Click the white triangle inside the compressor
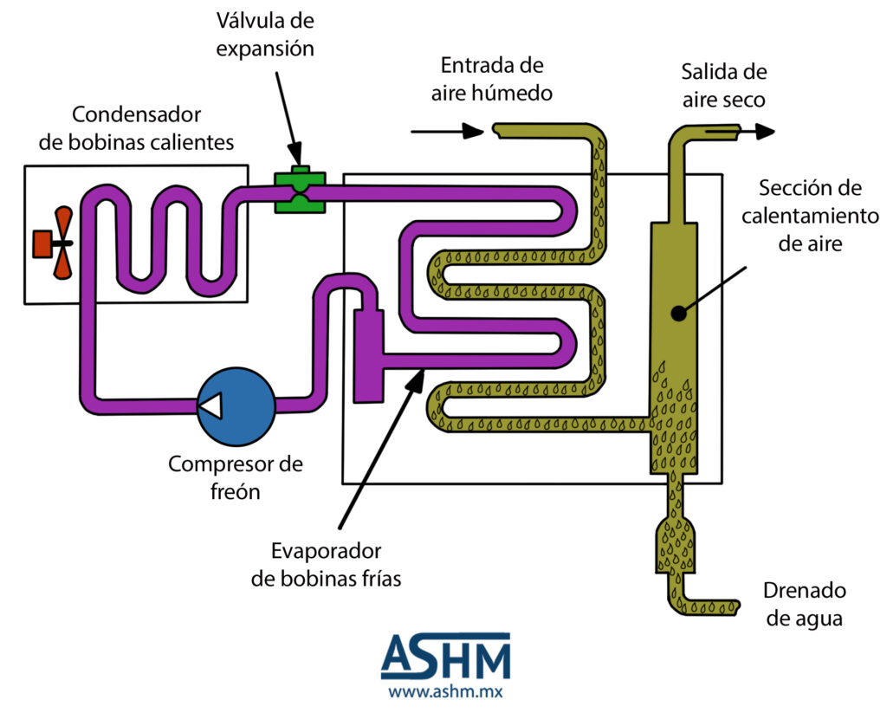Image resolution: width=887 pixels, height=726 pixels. (x=210, y=404)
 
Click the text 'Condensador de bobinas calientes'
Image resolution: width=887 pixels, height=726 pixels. (x=137, y=128)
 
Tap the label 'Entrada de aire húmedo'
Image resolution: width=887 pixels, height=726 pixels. (x=491, y=79)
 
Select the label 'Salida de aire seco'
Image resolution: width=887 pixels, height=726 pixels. (x=723, y=86)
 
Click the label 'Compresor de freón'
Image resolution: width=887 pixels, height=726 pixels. (x=236, y=477)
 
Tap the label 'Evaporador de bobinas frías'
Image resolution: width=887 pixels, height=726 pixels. (x=326, y=565)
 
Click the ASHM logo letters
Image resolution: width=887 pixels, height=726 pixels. (x=445, y=657)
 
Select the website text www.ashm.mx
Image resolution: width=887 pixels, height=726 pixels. (x=445, y=693)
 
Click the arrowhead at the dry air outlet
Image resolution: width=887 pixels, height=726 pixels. (x=764, y=132)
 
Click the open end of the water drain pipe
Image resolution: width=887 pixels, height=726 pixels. (x=735, y=606)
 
